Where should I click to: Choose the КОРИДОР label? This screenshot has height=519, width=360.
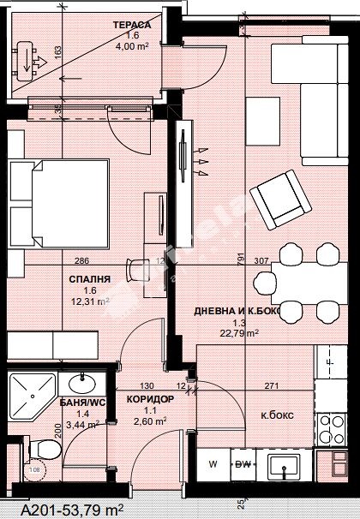pos(150,399)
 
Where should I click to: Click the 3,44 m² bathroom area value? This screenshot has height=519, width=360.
pos(81,423)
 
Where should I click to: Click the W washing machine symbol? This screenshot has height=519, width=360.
pos(213,465)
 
